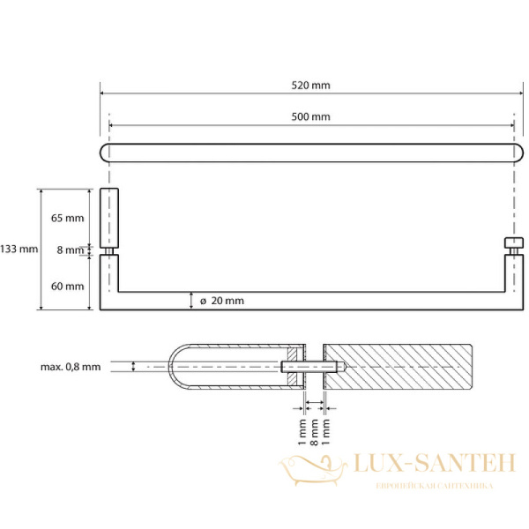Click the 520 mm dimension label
click(x=310, y=86)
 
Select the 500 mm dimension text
click(x=310, y=116)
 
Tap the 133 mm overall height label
click(x=19, y=249)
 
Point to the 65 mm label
click(x=68, y=218)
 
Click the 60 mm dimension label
click(x=68, y=286)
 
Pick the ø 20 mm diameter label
click(x=221, y=301)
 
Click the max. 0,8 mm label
click(x=71, y=367)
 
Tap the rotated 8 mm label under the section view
click(x=314, y=432)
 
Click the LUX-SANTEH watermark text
click(x=435, y=463)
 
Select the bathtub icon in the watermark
click(x=313, y=470)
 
